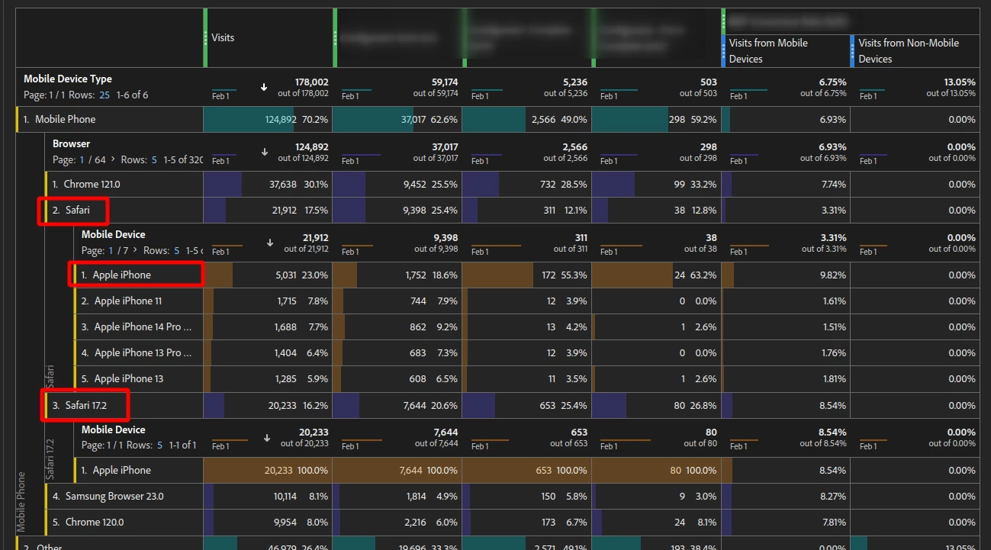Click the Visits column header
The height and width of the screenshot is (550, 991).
223,37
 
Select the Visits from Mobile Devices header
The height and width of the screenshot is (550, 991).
768,50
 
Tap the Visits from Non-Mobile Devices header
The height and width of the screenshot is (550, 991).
908,50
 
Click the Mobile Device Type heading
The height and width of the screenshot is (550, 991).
68,79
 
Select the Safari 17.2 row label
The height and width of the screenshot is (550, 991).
85,405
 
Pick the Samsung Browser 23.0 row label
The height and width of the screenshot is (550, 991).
114,496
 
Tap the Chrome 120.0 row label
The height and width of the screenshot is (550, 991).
95,522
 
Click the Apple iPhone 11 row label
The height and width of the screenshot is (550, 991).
127,301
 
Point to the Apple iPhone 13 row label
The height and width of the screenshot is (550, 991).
128,378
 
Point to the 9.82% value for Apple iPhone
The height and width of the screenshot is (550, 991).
832,275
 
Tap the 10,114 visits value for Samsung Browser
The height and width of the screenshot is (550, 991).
285,496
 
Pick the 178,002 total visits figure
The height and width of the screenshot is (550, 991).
311,82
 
